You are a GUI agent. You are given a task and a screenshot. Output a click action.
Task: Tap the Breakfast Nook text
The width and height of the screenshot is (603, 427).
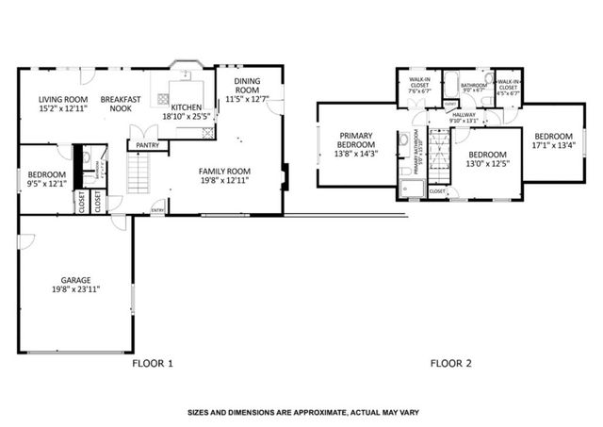[x=121, y=104]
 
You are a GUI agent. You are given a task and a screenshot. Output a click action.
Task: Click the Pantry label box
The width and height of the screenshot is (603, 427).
[x=147, y=145]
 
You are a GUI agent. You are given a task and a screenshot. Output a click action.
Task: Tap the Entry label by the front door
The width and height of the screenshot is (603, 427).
[x=157, y=210]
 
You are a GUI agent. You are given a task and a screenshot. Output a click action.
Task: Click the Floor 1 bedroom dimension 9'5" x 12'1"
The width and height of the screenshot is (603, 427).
[x=46, y=184]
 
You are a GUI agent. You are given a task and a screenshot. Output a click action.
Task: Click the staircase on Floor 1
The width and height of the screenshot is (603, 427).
[x=139, y=173]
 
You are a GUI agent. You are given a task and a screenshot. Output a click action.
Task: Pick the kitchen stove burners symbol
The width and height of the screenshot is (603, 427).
[x=204, y=133]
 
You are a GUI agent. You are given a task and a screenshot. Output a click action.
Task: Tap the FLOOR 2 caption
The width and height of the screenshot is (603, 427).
[x=452, y=363]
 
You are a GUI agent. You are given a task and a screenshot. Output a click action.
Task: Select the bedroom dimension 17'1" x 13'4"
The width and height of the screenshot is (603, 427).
[x=552, y=145]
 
